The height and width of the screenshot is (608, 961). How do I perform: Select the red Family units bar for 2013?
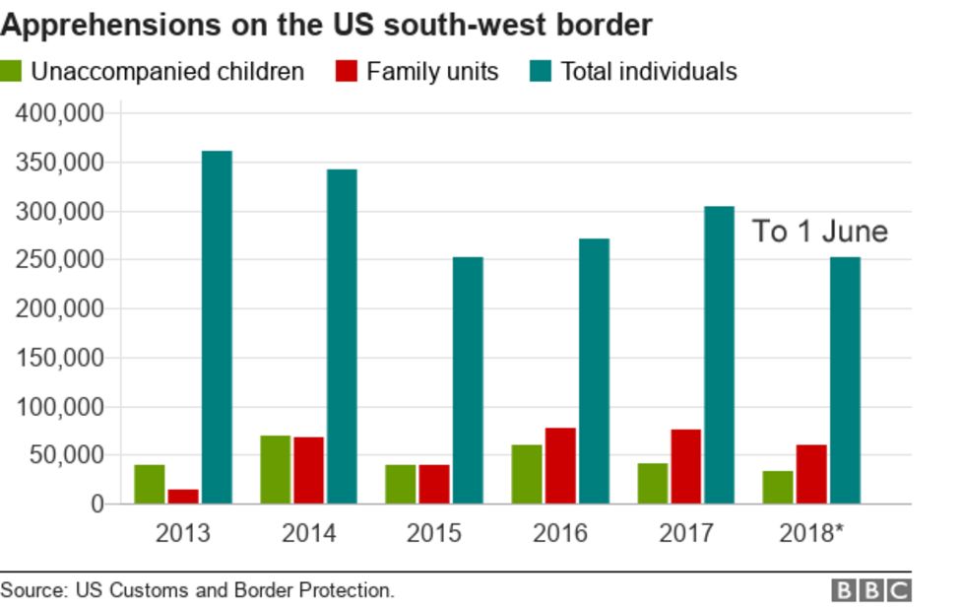(183, 496)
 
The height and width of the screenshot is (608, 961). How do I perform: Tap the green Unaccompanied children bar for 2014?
(275, 469)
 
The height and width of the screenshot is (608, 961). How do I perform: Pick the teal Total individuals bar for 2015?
(468, 380)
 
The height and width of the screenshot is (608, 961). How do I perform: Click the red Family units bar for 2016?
(560, 465)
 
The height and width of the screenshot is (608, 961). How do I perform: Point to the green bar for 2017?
(652, 483)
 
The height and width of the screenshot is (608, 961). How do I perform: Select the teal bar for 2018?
(845, 380)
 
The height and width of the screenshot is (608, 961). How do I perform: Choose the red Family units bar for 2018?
(811, 474)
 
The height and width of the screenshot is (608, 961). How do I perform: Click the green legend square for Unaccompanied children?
(13, 72)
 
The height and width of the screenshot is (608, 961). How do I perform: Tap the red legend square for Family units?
(347, 72)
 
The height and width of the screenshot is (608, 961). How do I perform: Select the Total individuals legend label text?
(649, 72)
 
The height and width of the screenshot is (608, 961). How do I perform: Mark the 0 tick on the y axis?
(96, 505)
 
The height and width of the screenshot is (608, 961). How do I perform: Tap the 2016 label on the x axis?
(560, 533)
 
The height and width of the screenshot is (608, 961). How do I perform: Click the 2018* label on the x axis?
(811, 533)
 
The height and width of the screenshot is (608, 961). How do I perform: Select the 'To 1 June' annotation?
(820, 232)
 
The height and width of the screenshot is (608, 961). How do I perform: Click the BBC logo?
(871, 590)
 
